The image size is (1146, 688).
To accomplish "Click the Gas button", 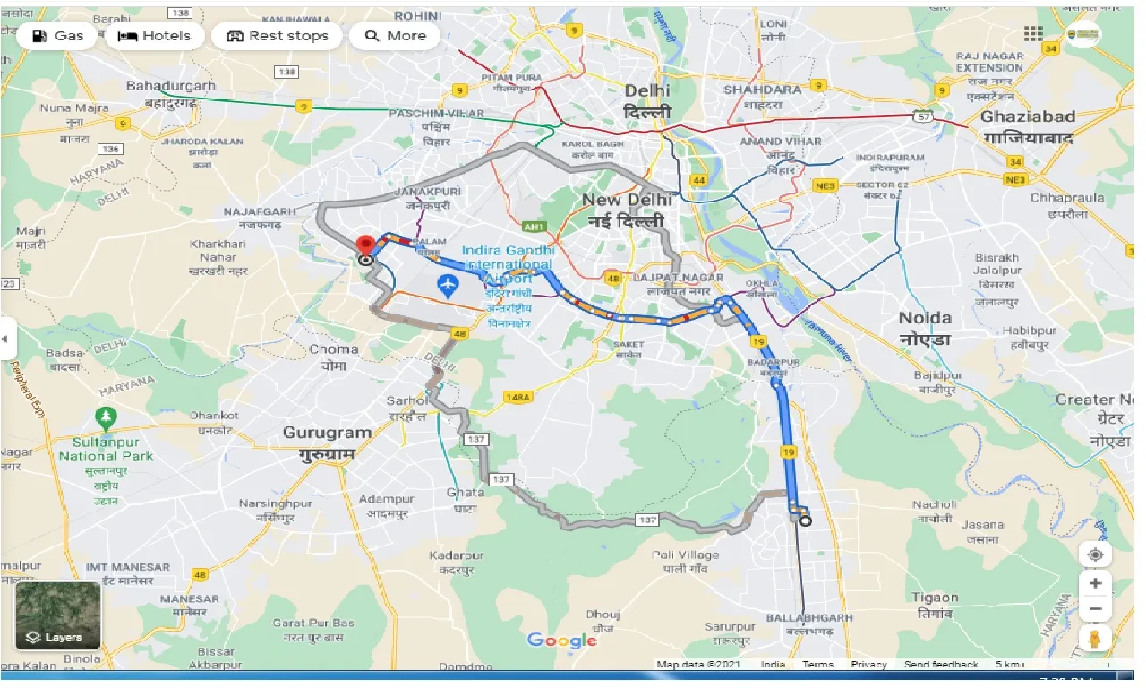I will (57, 36).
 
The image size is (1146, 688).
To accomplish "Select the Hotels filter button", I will (154, 36).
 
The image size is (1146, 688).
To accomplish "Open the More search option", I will (395, 36).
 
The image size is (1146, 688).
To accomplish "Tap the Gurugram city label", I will (327, 433).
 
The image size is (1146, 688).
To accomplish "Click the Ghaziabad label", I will (1026, 116).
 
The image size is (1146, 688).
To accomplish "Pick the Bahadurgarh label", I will (171, 86).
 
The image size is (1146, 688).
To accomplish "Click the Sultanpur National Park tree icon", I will (106, 417).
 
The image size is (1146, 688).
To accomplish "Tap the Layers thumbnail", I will (58, 615).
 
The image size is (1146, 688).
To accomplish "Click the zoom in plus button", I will (1095, 583).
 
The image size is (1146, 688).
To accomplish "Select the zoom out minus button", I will (1095, 609).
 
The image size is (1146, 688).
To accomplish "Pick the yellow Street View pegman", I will (1095, 639).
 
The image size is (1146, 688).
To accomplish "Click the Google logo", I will (561, 640).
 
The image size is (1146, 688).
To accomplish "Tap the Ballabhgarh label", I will (809, 618).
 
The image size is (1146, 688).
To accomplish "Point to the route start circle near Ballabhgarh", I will (804, 521).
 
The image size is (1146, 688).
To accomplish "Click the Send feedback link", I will (940, 665).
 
